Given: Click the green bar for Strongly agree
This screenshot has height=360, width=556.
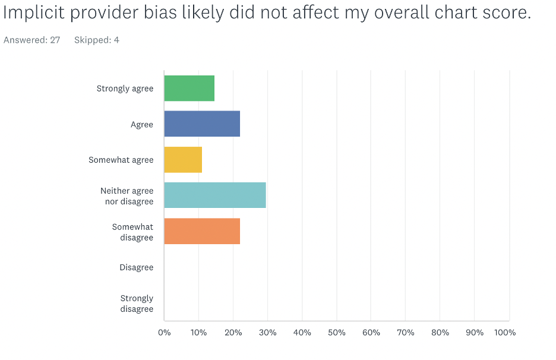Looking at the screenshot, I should click(189, 89).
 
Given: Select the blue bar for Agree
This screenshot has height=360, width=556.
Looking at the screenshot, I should click(202, 124).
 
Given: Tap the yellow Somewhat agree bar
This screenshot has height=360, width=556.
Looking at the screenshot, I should click(183, 160).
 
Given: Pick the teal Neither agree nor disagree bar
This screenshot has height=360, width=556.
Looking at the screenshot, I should click(215, 195).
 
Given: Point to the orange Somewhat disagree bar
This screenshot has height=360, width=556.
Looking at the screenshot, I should click(202, 231).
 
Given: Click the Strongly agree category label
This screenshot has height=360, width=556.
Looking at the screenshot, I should click(125, 89).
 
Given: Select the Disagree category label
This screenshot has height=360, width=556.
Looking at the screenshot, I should click(136, 267).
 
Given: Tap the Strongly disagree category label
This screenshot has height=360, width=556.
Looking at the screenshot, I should click(137, 304).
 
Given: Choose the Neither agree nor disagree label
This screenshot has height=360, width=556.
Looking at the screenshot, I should click(127, 196).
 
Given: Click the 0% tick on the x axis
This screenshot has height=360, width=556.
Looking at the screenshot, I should click(165, 333).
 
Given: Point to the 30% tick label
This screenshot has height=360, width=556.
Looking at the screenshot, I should click(267, 333).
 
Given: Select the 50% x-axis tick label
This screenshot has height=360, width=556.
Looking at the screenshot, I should click(337, 333).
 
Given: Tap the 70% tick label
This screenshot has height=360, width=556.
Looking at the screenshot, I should click(406, 333).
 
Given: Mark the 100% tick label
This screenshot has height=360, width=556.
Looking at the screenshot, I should click(505, 333).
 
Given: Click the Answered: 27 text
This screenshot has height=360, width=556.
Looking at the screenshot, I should click(32, 40).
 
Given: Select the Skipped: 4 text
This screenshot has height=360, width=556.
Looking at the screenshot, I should click(97, 40).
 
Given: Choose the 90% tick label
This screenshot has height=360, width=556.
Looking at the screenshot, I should click(475, 333).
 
